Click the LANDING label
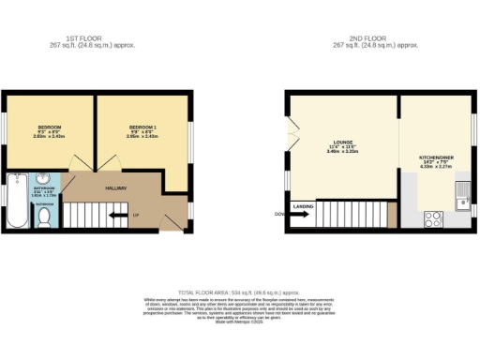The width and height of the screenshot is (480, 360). pyautogui.click(x=304, y=205)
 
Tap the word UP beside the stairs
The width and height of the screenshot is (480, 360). pyautogui.click(x=135, y=216)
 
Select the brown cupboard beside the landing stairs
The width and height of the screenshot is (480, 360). pyautogui.click(x=392, y=215)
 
